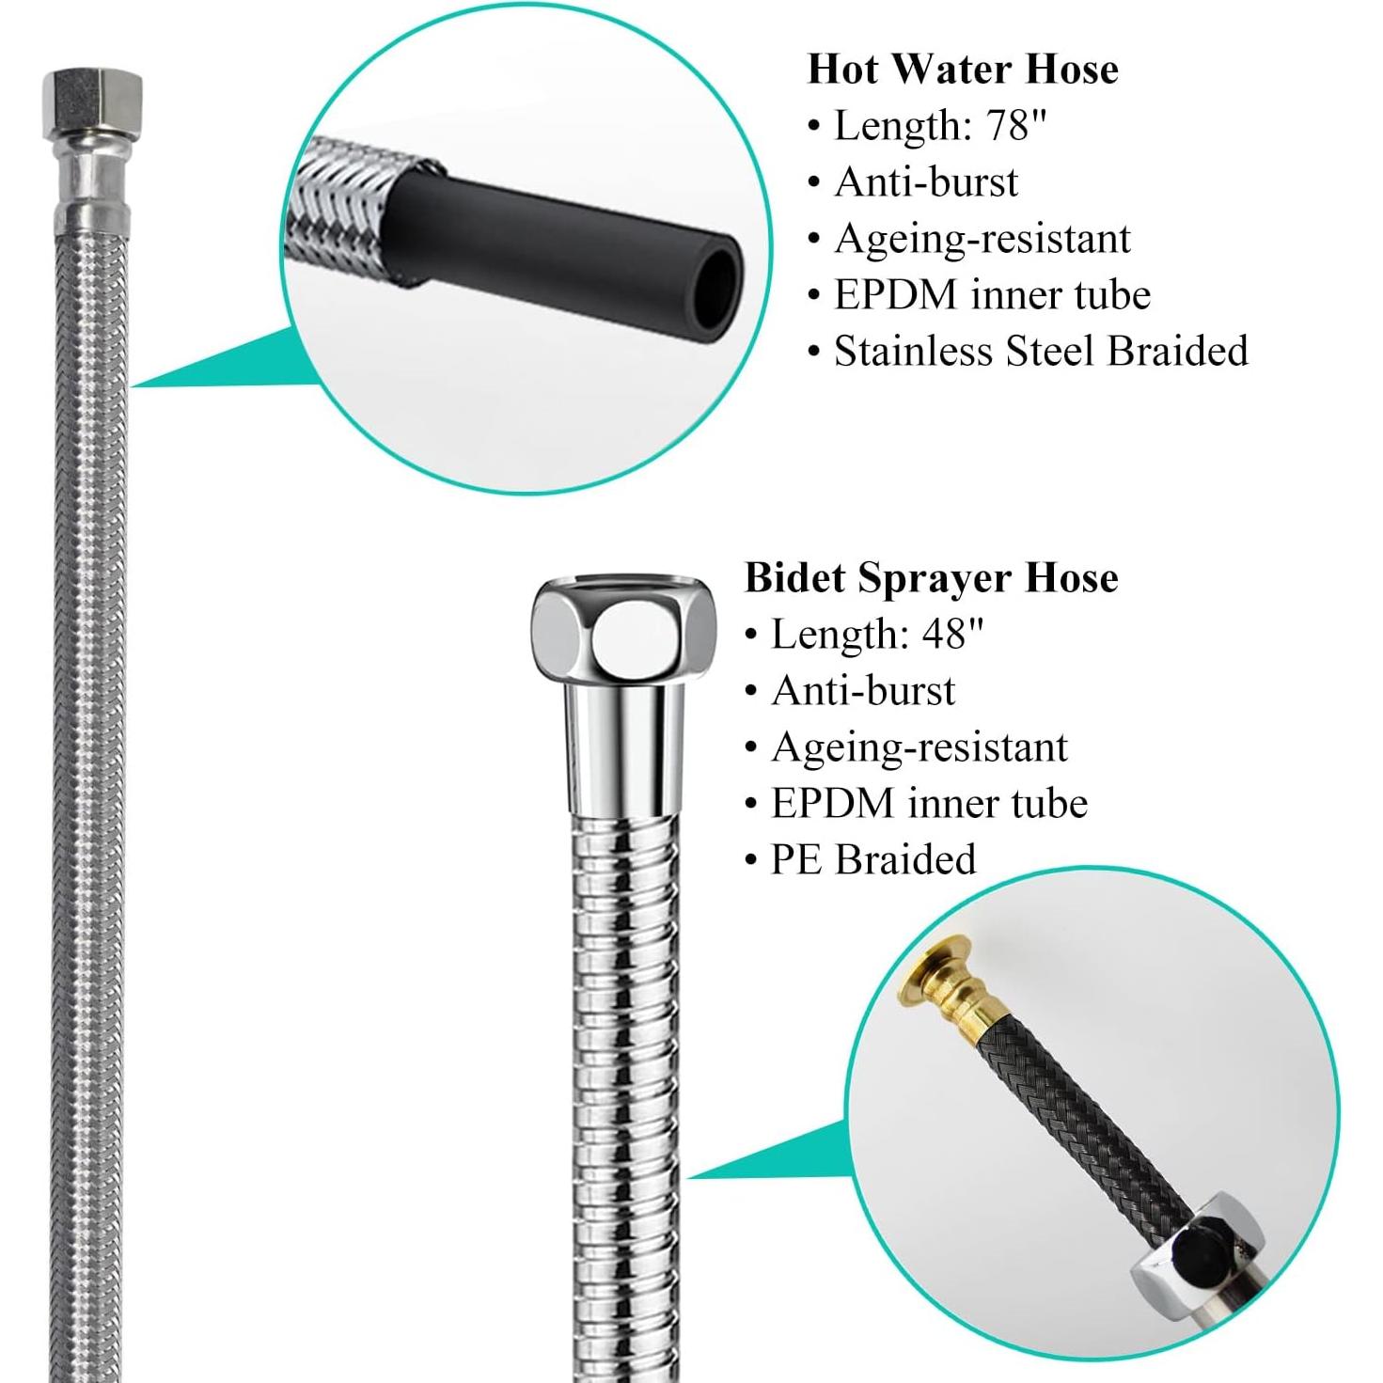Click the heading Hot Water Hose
(x=963, y=70)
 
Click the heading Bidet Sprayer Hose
(x=931, y=577)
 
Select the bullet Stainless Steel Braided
(x=1040, y=352)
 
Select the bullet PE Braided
(x=872, y=860)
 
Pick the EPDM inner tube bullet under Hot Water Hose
(x=991, y=295)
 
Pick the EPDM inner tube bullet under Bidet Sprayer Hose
(x=929, y=804)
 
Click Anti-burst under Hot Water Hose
(x=925, y=182)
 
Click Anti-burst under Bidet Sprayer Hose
(x=862, y=691)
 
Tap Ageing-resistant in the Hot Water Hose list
(x=982, y=239)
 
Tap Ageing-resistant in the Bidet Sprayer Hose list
(x=919, y=747)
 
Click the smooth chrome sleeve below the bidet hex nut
(x=621, y=752)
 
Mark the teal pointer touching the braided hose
(x=216, y=367)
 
